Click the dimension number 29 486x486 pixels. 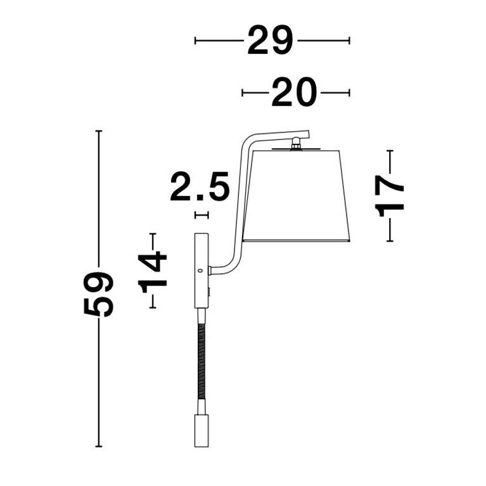(270, 41)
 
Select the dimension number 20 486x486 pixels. (294, 93)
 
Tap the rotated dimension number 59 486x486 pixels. (99, 294)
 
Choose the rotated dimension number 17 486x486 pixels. (390, 196)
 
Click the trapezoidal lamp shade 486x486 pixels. (297, 196)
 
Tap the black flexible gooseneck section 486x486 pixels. (201, 361)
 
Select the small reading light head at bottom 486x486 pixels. (201, 431)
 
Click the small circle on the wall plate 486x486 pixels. (200, 271)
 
